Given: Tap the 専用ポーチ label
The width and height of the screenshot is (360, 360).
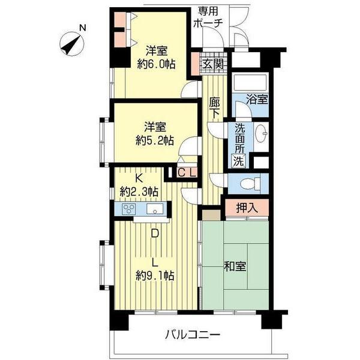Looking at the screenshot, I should [x=208, y=17].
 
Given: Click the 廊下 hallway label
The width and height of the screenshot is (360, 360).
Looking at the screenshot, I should [x=214, y=109].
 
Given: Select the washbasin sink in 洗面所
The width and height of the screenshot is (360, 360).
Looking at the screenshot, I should [x=262, y=134].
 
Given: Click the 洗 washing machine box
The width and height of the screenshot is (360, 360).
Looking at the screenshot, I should [x=239, y=161].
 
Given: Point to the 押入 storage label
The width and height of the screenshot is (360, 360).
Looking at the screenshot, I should [x=246, y=208].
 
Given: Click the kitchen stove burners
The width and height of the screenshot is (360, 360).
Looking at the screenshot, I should [x=130, y=209].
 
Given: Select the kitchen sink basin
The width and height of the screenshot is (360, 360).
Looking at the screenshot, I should [x=155, y=209].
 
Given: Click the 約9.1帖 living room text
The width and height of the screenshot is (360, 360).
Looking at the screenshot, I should [x=155, y=276].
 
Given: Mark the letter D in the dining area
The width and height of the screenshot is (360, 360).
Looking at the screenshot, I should [x=155, y=235].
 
